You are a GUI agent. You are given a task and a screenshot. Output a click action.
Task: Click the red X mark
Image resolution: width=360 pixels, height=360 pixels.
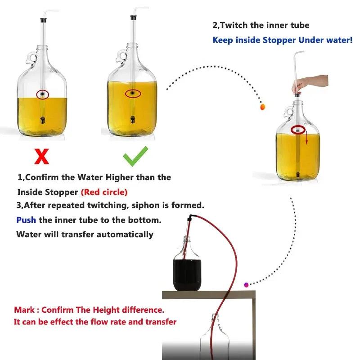pos(42,156)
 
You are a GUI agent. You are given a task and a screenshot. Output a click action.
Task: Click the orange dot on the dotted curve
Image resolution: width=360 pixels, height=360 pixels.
pos(263,107)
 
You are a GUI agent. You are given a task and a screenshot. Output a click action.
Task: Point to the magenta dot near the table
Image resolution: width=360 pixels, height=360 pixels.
pos(246,285)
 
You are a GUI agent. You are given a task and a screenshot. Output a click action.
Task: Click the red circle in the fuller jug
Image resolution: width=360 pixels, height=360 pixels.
pos(133,94)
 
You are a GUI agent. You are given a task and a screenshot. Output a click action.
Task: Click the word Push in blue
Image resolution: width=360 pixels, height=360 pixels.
pos(27,220)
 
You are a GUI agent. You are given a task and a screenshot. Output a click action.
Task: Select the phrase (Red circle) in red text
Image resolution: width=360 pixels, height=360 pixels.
pos(104,192)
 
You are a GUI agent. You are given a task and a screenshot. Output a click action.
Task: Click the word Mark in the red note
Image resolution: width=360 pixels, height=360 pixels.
pos(23,310)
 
